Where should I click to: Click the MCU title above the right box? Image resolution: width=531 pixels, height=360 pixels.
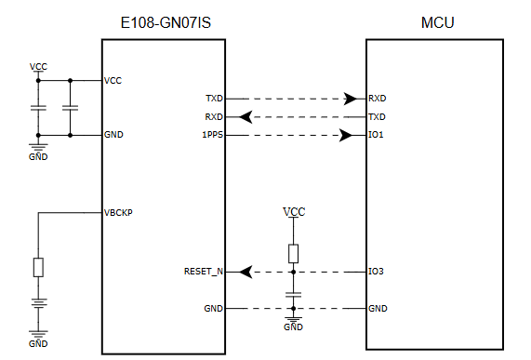[x=437, y=22]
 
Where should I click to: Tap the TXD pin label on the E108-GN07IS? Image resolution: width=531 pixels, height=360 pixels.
[x=214, y=98]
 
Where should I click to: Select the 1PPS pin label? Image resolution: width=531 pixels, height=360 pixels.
[x=213, y=135]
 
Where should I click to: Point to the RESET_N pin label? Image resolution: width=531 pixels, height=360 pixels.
[x=204, y=272]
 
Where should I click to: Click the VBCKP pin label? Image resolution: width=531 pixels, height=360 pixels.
[x=118, y=212]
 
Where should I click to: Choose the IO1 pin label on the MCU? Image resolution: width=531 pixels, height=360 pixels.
[x=376, y=135]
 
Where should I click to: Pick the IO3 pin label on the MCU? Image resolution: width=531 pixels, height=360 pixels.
[x=376, y=272]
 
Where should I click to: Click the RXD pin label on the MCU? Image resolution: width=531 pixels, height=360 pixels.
[x=377, y=98]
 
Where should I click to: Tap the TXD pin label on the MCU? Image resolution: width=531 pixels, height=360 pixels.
[x=377, y=116]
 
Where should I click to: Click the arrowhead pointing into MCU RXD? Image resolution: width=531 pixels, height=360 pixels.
[x=351, y=98]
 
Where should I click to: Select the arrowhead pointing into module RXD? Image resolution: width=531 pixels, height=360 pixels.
[x=246, y=116]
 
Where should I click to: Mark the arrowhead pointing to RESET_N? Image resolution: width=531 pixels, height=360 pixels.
[x=246, y=272]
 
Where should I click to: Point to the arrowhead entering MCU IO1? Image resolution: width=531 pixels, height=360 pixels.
[x=345, y=135]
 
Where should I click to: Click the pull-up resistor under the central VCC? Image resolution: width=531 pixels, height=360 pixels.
[x=293, y=252]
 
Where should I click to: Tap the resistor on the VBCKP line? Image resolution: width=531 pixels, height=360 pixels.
[x=38, y=267]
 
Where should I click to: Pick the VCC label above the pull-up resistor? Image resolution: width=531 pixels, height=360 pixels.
[x=293, y=212]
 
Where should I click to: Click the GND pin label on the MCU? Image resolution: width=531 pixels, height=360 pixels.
[x=378, y=308]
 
